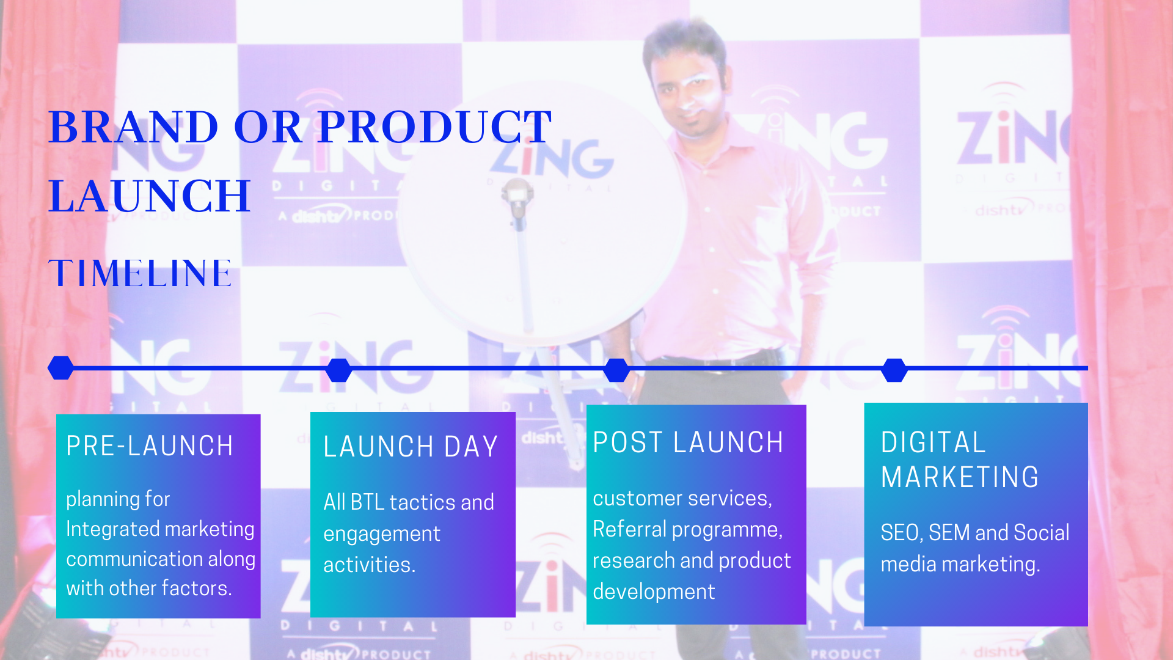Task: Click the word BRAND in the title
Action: click(x=133, y=127)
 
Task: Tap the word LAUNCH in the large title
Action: click(x=150, y=196)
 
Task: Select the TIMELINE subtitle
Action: click(x=141, y=273)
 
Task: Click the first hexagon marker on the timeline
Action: click(x=60, y=368)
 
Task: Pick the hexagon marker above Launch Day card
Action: click(x=338, y=370)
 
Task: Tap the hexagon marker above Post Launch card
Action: click(x=616, y=370)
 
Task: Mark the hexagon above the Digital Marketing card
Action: click(x=894, y=370)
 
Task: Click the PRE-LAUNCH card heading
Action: click(x=150, y=446)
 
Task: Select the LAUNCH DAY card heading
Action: click(x=411, y=447)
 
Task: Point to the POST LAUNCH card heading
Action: click(x=688, y=442)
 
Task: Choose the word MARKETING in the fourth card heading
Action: click(x=960, y=477)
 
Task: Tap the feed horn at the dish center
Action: click(x=517, y=197)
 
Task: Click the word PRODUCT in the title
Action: click(x=435, y=127)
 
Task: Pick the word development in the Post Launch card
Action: click(x=654, y=592)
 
